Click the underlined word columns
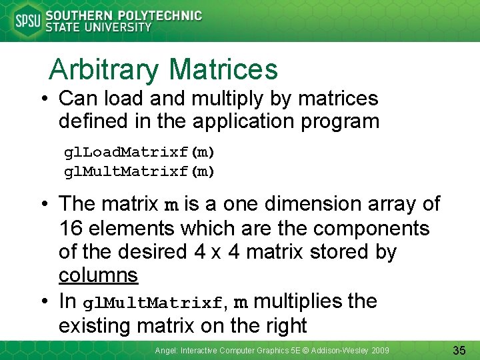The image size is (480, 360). click(x=98, y=275)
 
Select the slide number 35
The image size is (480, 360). click(x=459, y=350)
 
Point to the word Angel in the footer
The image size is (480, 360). click(x=166, y=350)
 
